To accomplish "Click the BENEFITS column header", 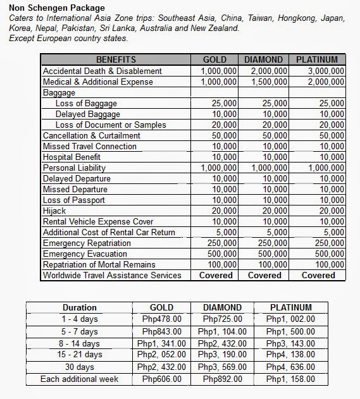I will [x=116, y=60].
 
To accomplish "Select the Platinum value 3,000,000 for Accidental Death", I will [x=326, y=71].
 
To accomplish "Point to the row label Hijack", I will [x=54, y=211].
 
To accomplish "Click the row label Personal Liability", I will [x=74, y=168].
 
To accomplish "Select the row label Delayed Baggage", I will [x=87, y=114].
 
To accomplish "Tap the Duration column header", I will [x=80, y=308].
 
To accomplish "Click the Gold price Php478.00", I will [x=161, y=319].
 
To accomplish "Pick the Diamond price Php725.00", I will [x=221, y=319].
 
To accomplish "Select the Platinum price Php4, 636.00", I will [x=291, y=367].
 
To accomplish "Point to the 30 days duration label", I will [x=80, y=367].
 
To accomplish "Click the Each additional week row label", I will [x=79, y=379].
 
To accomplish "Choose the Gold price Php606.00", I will [x=161, y=379].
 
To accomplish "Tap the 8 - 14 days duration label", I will [x=80, y=343].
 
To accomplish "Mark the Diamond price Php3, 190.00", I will [x=221, y=355].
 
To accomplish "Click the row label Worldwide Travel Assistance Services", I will [x=112, y=276].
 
